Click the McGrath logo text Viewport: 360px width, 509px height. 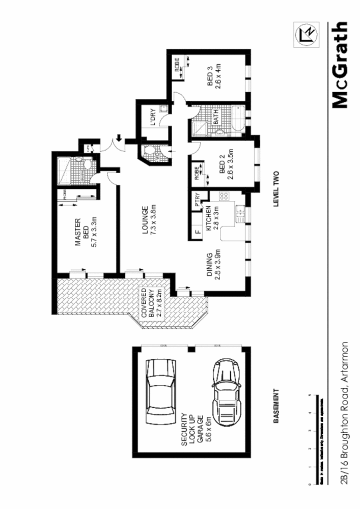[340, 65]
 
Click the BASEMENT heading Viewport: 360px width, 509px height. [276, 407]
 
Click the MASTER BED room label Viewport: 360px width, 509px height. [86, 233]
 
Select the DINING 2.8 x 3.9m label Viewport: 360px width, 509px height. [214, 272]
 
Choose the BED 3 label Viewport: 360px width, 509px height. [213, 79]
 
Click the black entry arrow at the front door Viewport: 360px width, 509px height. [119, 137]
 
